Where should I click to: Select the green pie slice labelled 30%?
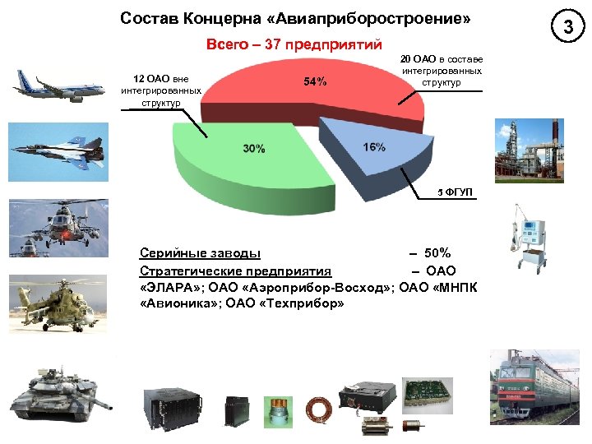[x=247, y=156]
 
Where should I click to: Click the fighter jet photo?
[x=58, y=149]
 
